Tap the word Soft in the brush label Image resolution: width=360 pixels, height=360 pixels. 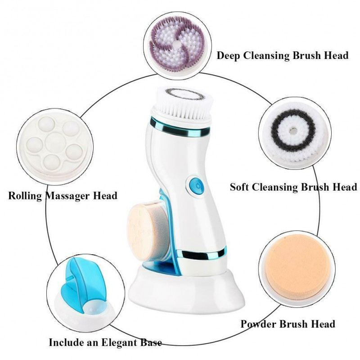242,187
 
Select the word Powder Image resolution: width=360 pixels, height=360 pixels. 259,324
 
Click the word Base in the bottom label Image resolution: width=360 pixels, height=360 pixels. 151,342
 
